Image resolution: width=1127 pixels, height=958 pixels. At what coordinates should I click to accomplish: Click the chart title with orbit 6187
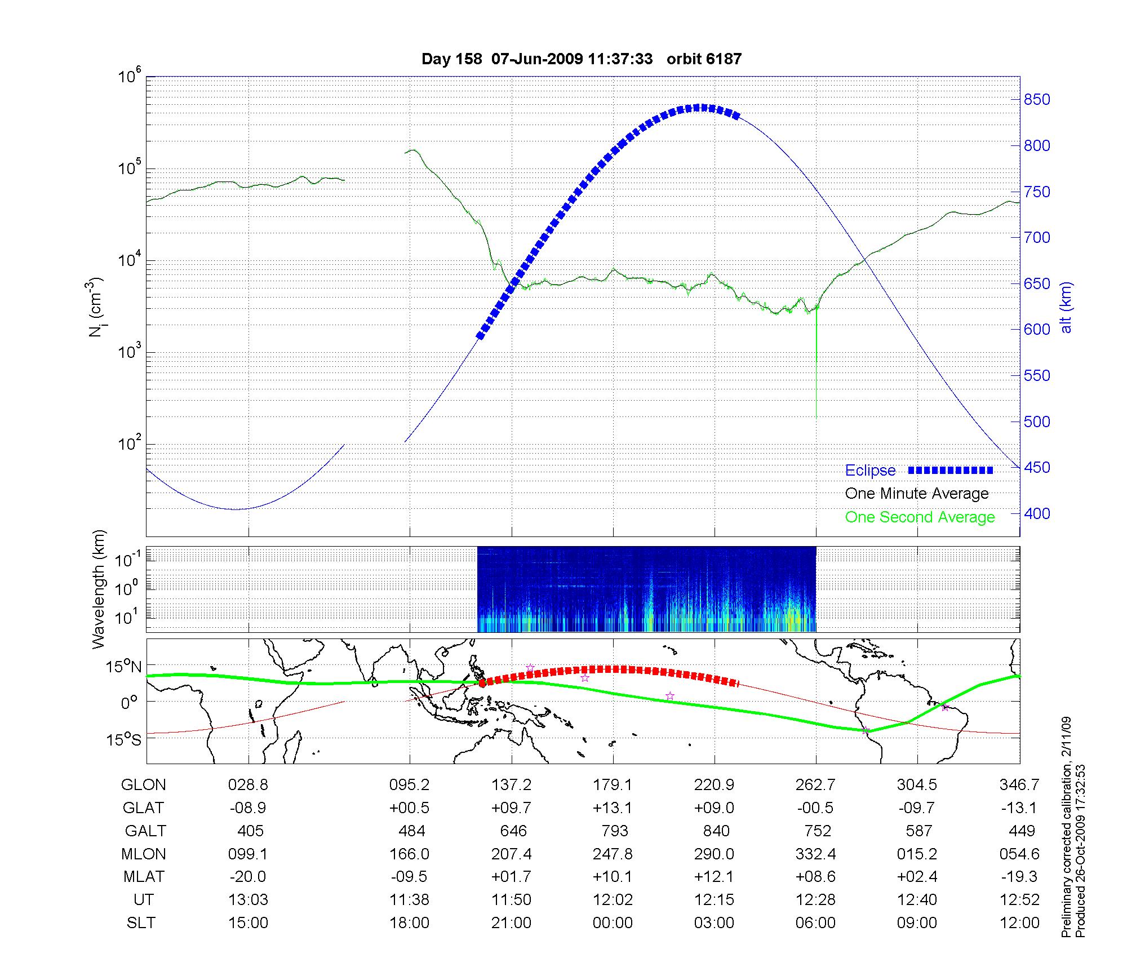(x=582, y=59)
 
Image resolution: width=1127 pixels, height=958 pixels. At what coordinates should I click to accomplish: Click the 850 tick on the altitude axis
(x=1037, y=100)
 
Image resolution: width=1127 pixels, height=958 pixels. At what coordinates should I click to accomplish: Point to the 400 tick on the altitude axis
(x=1037, y=513)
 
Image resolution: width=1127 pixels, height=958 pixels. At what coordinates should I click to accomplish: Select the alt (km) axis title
(x=1066, y=308)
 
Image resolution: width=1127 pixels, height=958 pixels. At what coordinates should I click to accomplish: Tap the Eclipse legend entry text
(x=870, y=471)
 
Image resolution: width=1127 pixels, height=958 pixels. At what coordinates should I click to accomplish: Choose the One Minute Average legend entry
(x=917, y=494)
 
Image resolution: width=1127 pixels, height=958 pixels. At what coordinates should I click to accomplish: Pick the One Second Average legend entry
(x=920, y=517)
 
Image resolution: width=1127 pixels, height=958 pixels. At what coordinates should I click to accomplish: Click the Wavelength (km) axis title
(x=99, y=589)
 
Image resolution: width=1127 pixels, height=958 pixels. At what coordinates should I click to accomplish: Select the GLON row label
(x=144, y=785)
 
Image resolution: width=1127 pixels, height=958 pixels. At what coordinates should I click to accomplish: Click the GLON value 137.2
(x=511, y=785)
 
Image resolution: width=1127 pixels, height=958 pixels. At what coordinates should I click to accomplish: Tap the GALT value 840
(x=716, y=831)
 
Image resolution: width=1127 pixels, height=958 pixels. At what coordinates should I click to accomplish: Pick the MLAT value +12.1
(x=714, y=877)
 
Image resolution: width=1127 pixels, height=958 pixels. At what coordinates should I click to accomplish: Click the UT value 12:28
(x=815, y=900)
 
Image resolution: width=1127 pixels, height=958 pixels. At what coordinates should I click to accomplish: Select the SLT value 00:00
(x=613, y=923)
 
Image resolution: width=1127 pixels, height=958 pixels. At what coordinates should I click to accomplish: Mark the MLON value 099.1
(x=248, y=854)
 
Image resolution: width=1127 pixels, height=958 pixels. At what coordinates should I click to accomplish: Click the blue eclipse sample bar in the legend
(x=951, y=470)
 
